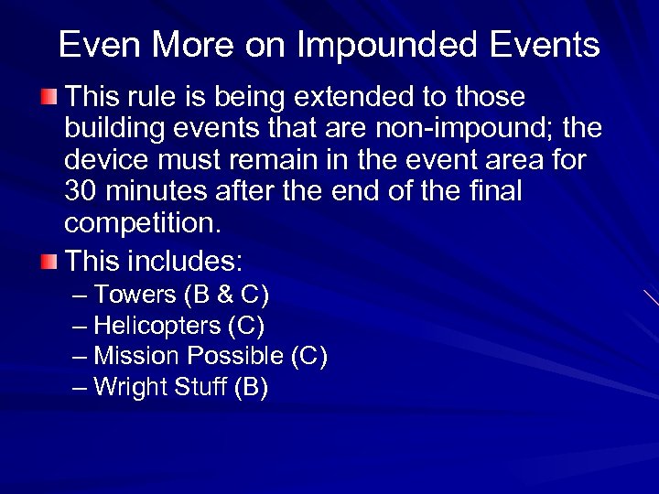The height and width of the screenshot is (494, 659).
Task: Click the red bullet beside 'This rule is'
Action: click(x=49, y=97)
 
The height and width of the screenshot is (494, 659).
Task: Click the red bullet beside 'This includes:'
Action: click(x=49, y=263)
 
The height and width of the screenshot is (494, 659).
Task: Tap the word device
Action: click(x=105, y=160)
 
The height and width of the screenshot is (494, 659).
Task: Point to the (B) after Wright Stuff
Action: click(x=251, y=387)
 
